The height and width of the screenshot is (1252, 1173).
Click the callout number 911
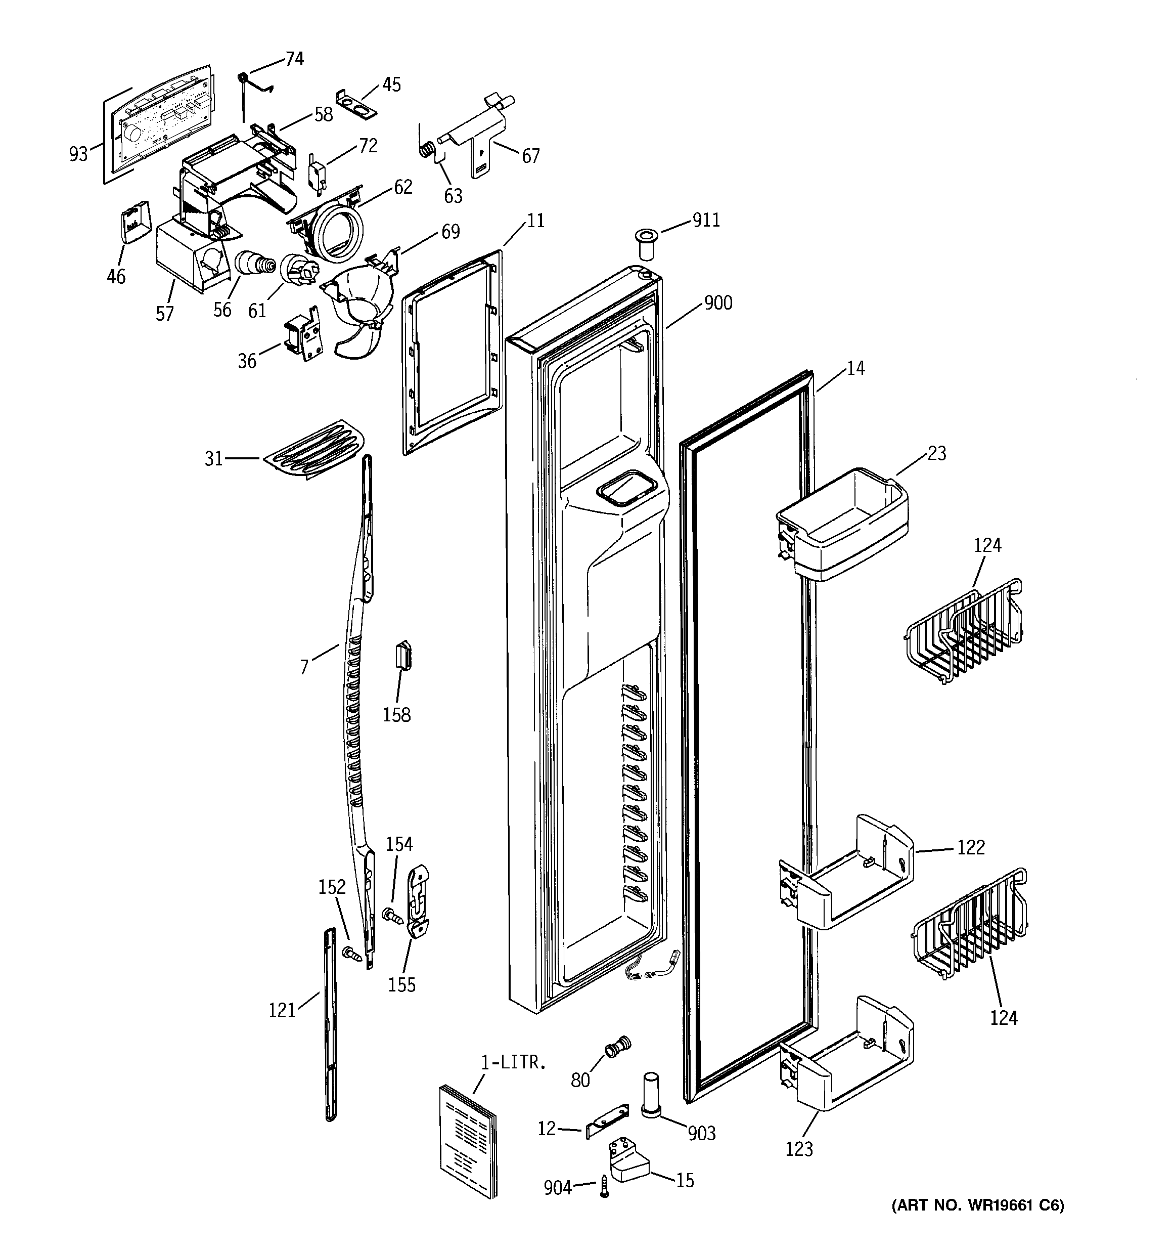pos(706,221)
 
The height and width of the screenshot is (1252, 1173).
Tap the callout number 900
pos(718,303)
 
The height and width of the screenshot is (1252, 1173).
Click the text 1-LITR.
pos(513,1062)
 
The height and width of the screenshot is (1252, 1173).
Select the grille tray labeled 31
pos(315,450)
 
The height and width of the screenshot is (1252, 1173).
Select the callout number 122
pos(970,848)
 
